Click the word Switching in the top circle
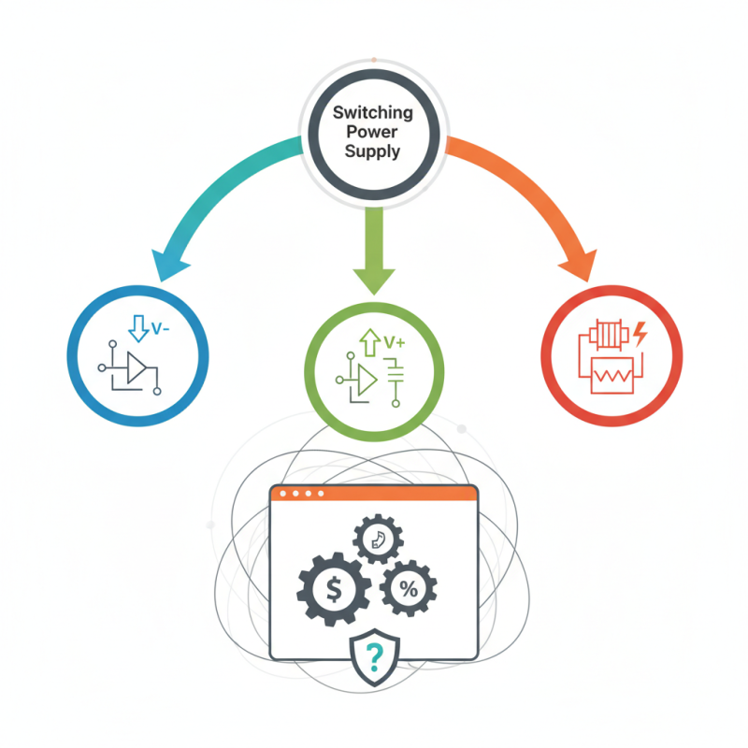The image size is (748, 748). [373, 113]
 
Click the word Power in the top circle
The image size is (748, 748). [373, 131]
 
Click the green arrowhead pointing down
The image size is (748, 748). [374, 277]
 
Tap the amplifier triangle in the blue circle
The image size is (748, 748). [137, 368]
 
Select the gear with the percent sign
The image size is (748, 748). [408, 588]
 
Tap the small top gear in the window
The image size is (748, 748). [378, 537]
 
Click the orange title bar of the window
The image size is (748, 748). [374, 493]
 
